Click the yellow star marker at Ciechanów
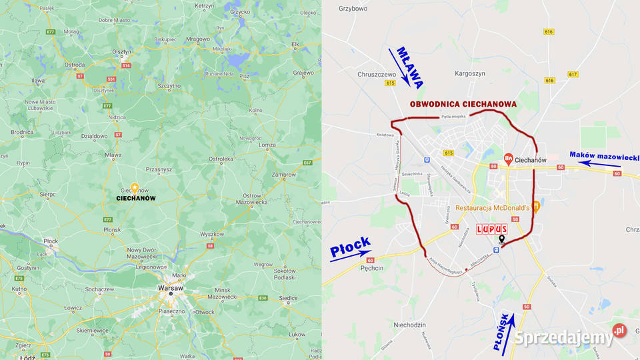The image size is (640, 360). click(x=135, y=188)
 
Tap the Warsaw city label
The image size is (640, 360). click(x=171, y=287)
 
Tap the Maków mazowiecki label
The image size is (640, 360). click(x=604, y=155)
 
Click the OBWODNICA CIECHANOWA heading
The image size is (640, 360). click(x=463, y=104)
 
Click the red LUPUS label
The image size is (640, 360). click(x=492, y=229)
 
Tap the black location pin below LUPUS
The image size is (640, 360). click(x=501, y=240)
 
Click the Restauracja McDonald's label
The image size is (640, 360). click(x=493, y=208)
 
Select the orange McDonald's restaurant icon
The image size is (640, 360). click(x=536, y=208)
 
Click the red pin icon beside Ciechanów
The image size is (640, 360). click(x=509, y=159)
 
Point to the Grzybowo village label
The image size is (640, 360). click(x=353, y=9)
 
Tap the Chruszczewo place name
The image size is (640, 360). click(x=377, y=75)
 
